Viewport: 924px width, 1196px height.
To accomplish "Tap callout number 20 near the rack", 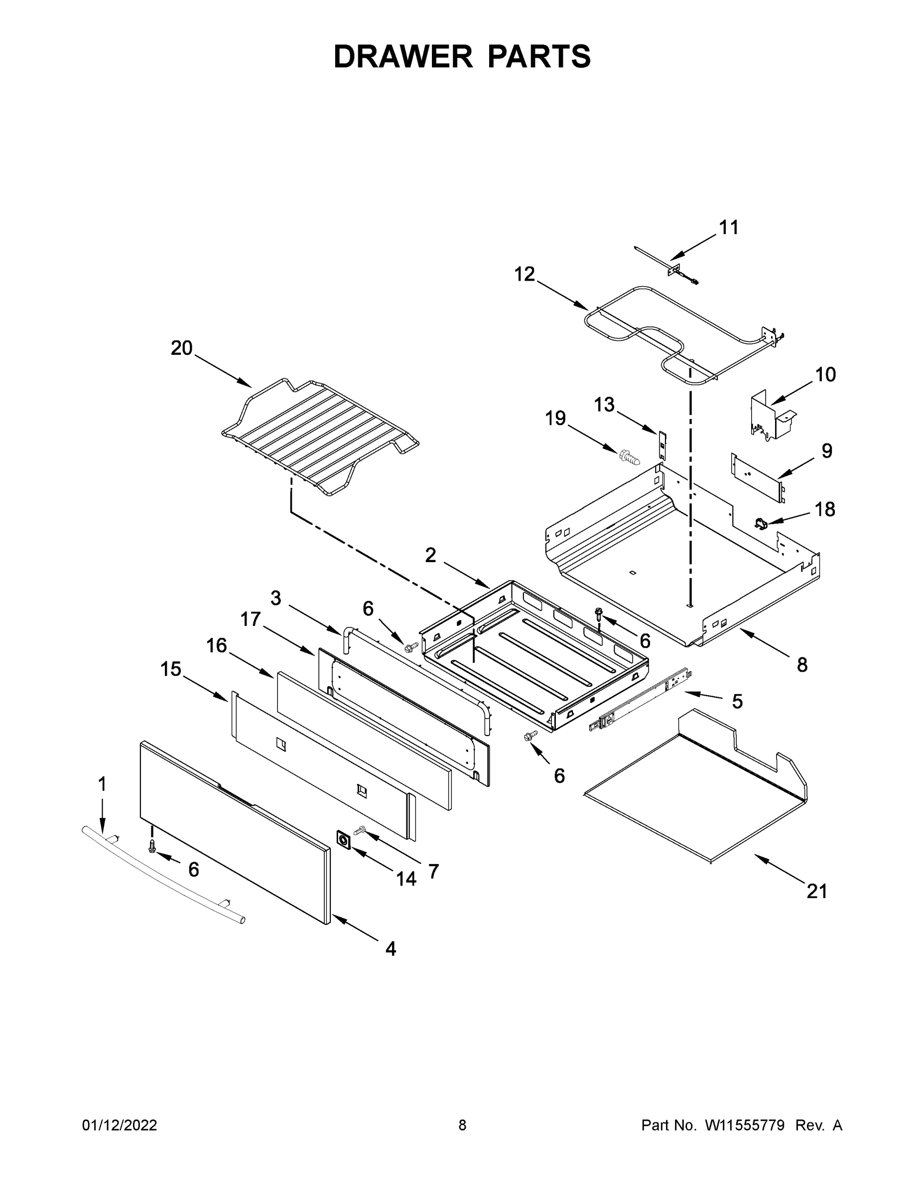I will [x=182, y=348].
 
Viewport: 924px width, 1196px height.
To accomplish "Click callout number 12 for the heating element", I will [x=525, y=274].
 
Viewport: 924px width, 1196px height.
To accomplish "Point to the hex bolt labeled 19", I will [x=629, y=455].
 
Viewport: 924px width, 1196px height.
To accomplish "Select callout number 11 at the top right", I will [x=729, y=227].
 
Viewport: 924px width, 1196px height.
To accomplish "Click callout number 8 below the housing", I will [x=802, y=665].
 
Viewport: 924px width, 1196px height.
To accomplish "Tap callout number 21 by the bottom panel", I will [x=817, y=892].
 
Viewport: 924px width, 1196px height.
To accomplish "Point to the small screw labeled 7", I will [x=360, y=831].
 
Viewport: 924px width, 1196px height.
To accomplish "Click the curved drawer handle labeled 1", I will [x=164, y=876].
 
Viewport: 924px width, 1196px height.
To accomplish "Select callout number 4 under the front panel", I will [x=391, y=948].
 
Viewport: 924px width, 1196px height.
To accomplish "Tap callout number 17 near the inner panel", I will [x=251, y=619].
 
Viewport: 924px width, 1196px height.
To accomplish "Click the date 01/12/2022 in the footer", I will [x=120, y=1125].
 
